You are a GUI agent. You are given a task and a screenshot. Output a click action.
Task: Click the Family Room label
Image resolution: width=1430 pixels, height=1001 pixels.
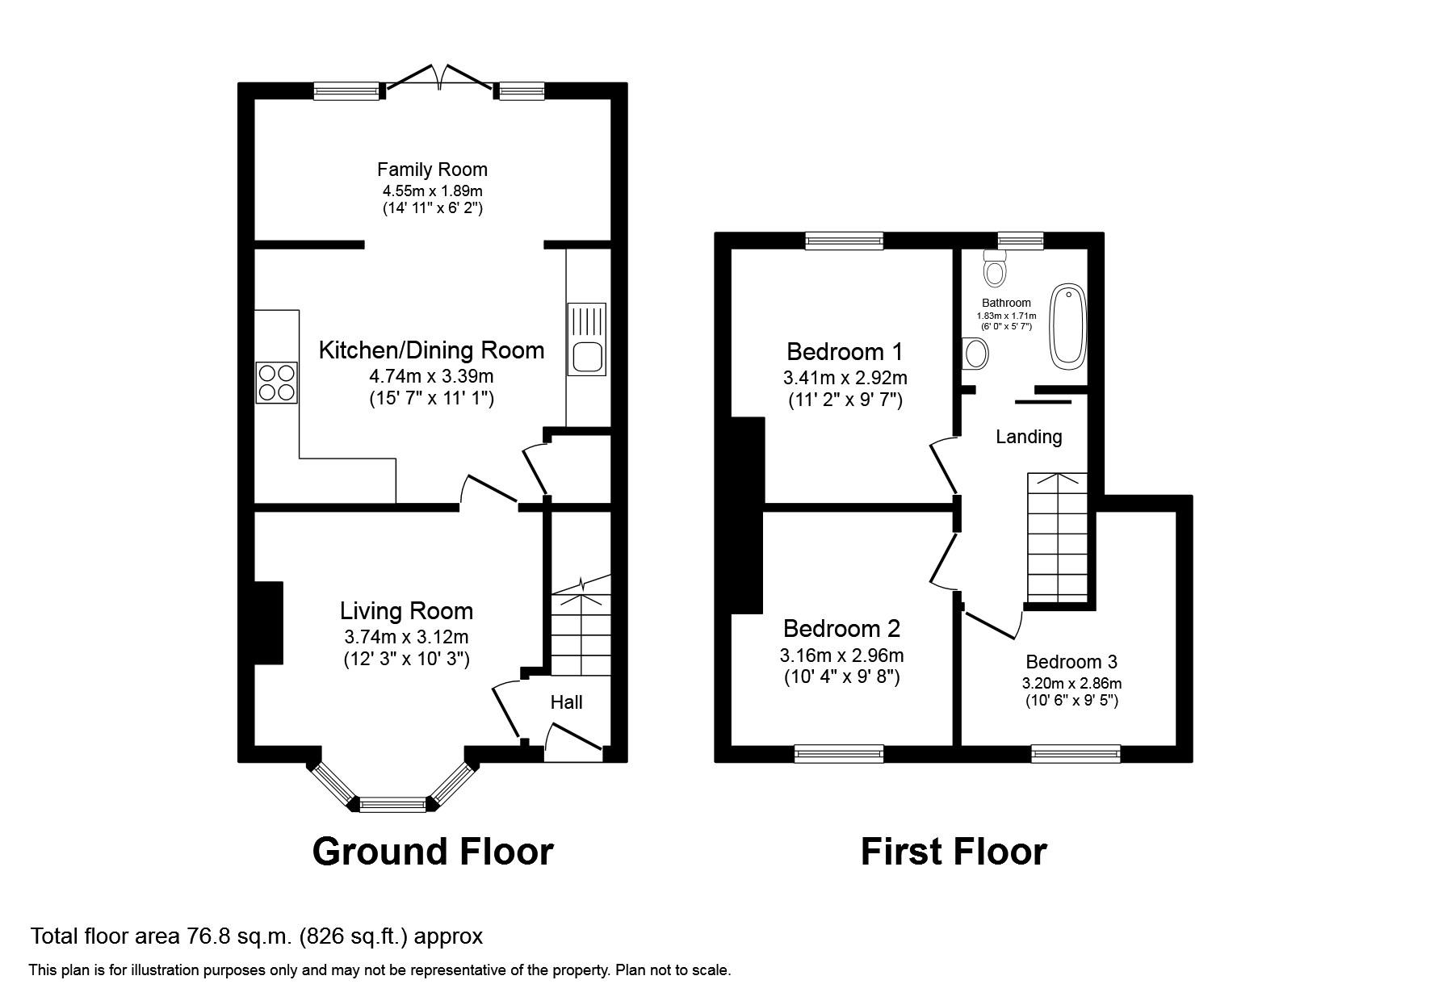[432, 170]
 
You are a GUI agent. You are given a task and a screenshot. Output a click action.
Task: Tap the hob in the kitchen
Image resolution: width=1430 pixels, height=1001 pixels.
[277, 383]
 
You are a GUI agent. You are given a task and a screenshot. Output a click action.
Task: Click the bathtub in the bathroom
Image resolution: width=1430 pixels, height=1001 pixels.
[1068, 326]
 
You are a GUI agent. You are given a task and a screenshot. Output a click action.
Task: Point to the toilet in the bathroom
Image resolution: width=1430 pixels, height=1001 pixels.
[995, 268]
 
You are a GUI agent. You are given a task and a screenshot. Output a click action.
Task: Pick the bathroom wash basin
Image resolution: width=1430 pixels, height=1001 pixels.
[975, 353]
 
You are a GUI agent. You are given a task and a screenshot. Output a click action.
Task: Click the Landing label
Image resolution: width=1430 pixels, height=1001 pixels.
[1028, 437]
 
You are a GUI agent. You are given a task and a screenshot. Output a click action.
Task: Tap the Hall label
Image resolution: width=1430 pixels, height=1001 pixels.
[566, 702]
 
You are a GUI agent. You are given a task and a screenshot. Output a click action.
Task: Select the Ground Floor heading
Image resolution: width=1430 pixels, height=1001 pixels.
[433, 852]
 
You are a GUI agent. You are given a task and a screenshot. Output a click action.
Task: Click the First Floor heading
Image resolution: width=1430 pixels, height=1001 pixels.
[954, 852]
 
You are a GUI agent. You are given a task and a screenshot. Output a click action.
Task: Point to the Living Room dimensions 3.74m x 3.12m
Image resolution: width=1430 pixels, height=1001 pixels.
[405, 637]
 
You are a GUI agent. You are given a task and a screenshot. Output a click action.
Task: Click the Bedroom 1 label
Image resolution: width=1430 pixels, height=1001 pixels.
[845, 352]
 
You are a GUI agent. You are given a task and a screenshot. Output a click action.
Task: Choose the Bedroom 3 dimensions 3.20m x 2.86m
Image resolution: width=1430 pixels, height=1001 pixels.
[1071, 683]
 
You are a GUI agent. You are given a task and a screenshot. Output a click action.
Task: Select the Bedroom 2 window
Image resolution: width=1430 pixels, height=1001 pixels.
[839, 754]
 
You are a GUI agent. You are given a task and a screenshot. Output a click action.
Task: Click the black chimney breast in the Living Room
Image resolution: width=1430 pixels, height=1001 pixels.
[269, 622]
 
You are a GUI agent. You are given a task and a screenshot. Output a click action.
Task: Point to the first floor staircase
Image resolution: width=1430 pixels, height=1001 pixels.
[1057, 537]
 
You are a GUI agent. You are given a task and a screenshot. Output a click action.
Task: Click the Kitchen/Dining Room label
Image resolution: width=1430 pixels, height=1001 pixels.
[431, 350]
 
